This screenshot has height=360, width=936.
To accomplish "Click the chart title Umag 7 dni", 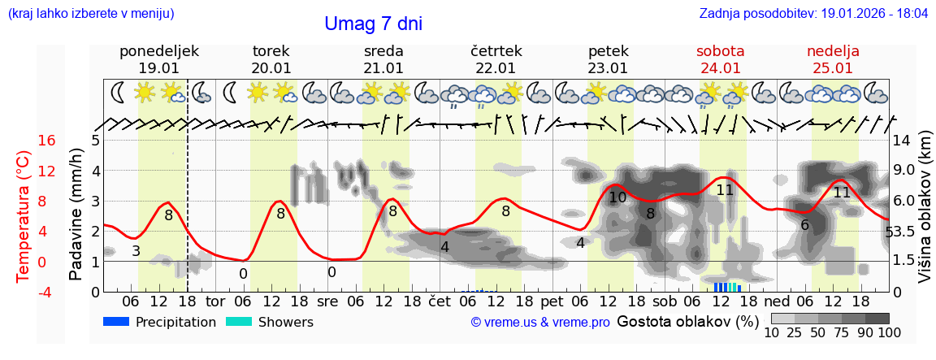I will click(373, 24).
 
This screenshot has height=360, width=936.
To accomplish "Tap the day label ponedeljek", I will click(158, 51).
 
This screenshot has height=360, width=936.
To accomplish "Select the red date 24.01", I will click(721, 68).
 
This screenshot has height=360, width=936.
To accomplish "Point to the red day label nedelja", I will click(833, 51).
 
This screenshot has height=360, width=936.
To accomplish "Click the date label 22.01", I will click(496, 68).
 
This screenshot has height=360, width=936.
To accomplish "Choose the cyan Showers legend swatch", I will click(239, 322).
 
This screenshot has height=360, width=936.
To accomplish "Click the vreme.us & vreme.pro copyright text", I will click(540, 323).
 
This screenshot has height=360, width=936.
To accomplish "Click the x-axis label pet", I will click(551, 301).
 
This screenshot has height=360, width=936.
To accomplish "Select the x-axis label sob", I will click(663, 301).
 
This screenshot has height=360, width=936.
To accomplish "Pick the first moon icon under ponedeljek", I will click(119, 93).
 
